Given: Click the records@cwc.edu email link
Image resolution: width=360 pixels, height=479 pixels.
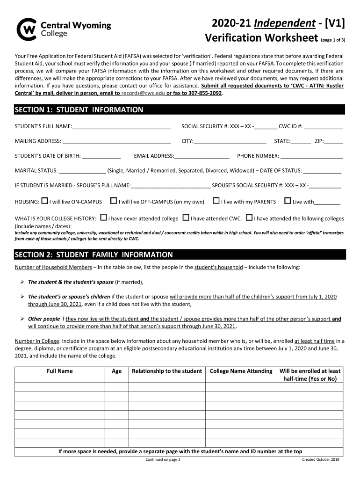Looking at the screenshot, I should [x=140, y=93].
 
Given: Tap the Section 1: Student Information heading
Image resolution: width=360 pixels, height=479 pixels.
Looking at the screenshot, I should [x=79, y=110].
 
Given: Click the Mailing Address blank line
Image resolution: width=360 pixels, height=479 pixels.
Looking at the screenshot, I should [x=116, y=141].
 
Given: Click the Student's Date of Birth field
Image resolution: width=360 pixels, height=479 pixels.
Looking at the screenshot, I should [x=101, y=156].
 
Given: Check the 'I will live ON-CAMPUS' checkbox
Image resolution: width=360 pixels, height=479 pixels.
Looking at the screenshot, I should [x=44, y=201].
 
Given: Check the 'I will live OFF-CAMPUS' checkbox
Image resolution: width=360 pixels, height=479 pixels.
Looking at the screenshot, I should [x=114, y=201].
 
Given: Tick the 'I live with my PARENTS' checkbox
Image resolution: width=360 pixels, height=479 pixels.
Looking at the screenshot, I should [x=216, y=201].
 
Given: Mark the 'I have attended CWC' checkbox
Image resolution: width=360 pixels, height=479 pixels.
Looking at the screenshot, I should [x=186, y=218].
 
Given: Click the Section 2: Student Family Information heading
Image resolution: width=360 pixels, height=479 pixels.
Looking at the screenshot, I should [x=94, y=255].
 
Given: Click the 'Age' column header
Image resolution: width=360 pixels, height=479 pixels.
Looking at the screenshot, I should [x=116, y=371].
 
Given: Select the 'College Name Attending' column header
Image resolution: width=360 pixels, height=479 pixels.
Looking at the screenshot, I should [x=241, y=371].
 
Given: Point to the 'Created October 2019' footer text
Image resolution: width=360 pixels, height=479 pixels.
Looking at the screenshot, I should [x=320, y=459].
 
